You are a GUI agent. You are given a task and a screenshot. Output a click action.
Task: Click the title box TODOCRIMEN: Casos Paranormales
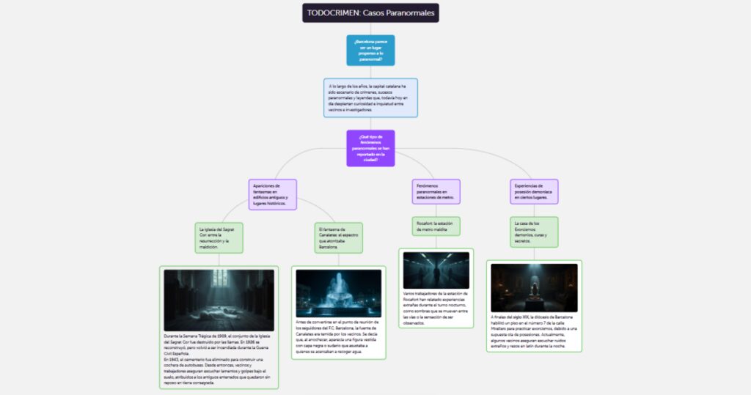(x=370, y=13)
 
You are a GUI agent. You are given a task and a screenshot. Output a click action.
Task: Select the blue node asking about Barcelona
(x=370, y=51)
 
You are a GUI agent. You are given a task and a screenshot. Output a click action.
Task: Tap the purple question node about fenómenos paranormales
(x=370, y=148)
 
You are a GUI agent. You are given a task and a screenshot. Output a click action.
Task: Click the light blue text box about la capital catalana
(x=370, y=98)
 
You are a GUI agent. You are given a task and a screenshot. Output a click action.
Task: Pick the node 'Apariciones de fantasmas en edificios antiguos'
(x=273, y=194)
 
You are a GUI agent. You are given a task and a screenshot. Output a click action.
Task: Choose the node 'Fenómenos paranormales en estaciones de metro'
(x=436, y=191)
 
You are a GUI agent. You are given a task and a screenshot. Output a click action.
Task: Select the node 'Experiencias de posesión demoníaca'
(x=533, y=191)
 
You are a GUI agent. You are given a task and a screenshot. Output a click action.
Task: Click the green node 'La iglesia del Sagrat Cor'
(x=219, y=237)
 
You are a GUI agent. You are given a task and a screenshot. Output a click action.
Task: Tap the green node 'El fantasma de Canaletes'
(x=338, y=237)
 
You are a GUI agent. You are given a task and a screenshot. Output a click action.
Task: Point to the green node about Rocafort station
(x=436, y=226)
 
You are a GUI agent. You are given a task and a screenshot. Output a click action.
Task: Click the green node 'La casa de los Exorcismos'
(x=533, y=232)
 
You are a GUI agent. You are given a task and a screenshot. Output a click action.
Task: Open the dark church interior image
(x=219, y=300)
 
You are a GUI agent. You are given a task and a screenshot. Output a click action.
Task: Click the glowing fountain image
(x=338, y=293)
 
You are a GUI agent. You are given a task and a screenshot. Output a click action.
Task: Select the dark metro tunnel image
(x=436, y=270)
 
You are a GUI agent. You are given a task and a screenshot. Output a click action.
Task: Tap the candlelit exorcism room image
(x=533, y=287)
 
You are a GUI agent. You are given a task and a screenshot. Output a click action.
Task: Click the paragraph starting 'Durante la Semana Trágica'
(x=219, y=358)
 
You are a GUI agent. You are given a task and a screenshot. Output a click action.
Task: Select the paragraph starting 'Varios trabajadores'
(x=436, y=308)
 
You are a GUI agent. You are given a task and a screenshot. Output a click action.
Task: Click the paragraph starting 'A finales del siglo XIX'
(x=533, y=331)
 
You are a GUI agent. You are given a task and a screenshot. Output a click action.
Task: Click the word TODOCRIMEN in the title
(x=332, y=13)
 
